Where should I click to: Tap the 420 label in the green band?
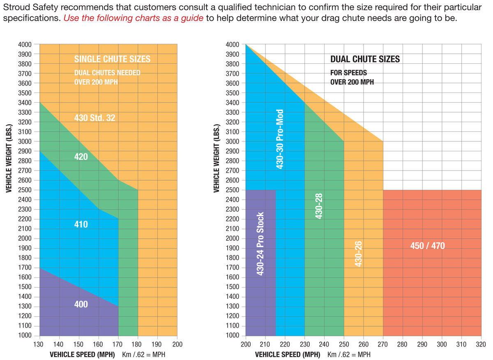[x=81, y=157]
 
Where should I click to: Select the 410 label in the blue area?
[x=81, y=225]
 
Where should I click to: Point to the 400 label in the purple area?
[x=81, y=305]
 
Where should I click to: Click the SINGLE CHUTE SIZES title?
[x=112, y=59]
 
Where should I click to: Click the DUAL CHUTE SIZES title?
[x=365, y=59]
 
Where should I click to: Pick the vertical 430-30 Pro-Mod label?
[x=280, y=139]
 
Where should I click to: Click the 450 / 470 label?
[x=427, y=246]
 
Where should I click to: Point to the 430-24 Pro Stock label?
[x=260, y=244]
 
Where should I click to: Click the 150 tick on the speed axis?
[x=79, y=344]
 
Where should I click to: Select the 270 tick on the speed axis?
[x=383, y=344]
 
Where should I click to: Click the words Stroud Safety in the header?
[x=28, y=7]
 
